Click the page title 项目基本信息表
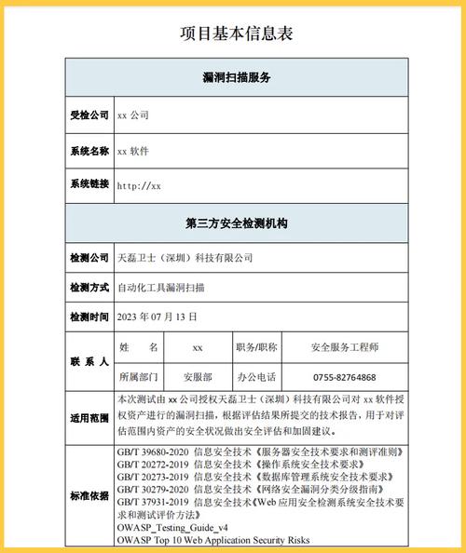tap(236, 34)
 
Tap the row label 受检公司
tap(89, 115)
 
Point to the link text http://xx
tap(139, 185)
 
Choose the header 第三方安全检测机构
tap(236, 223)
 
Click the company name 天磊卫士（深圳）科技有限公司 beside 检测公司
tap(185, 257)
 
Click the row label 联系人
tap(89, 361)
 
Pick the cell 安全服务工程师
tap(345, 347)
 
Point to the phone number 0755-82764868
tap(345, 377)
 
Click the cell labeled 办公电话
tap(256, 377)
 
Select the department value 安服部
tap(197, 377)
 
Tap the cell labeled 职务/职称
tap(256, 347)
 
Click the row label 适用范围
tap(89, 418)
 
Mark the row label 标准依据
tap(89, 494)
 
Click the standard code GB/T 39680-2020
tap(153, 452)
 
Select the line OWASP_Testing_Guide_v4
tap(172, 528)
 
